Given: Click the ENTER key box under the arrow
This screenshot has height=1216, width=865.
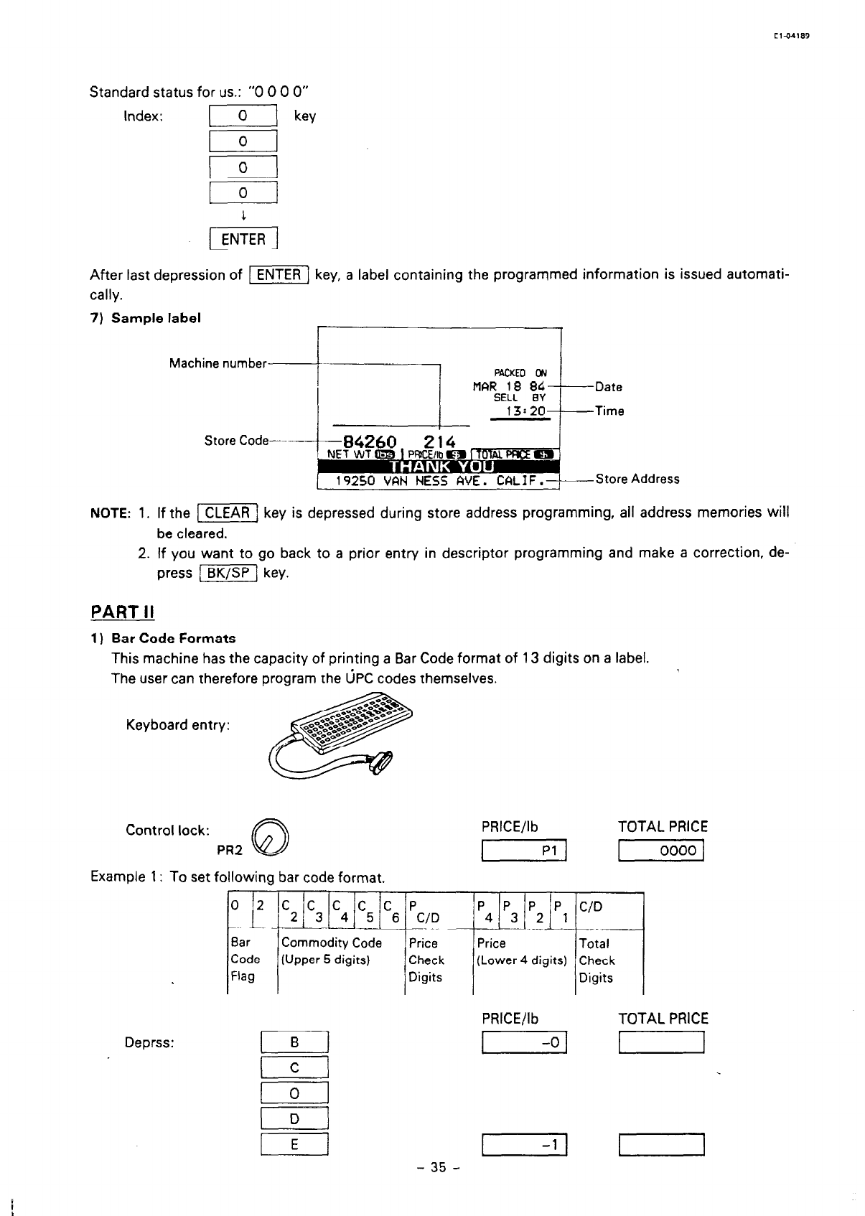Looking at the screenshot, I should (x=243, y=239).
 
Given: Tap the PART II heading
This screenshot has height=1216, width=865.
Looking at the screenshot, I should (x=123, y=612).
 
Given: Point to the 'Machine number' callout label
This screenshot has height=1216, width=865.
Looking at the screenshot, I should (x=218, y=363).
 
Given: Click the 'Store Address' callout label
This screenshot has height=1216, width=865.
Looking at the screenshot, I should (x=637, y=479).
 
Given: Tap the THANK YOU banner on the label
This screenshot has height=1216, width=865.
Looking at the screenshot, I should (x=439, y=466).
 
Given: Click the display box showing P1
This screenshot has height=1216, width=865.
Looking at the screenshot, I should (x=525, y=851).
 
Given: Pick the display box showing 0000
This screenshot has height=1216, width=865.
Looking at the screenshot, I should (x=660, y=851).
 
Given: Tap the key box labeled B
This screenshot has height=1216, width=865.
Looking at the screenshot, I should (x=294, y=1042).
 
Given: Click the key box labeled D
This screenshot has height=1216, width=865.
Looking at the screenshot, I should (x=294, y=1119).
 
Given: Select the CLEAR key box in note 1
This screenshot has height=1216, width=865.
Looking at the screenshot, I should (x=227, y=513).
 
